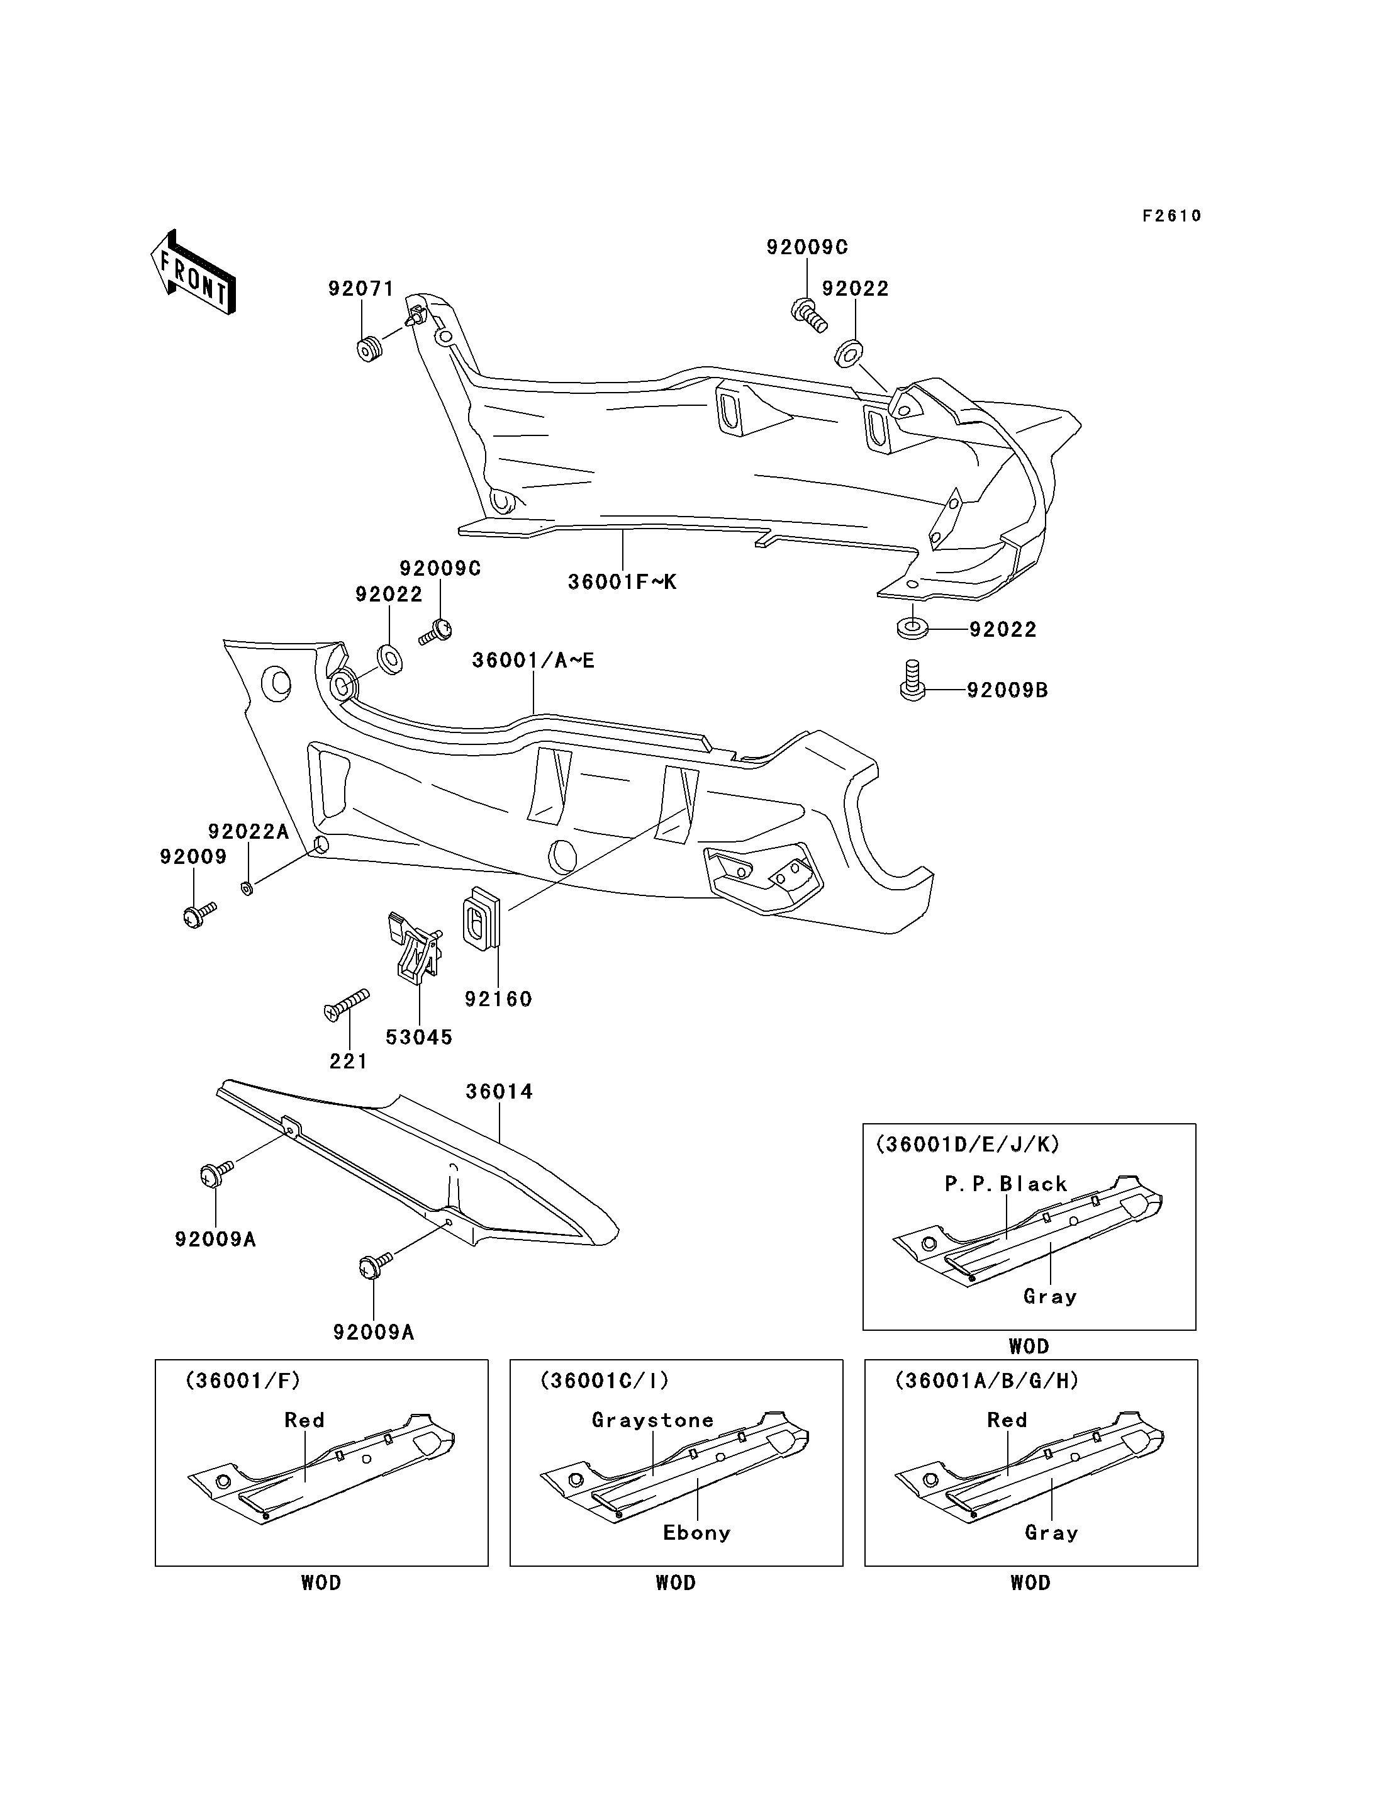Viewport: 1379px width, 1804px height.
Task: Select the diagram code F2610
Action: (1172, 216)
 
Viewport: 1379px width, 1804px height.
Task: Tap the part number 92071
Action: (361, 289)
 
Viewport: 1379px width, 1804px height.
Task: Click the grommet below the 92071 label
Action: (370, 349)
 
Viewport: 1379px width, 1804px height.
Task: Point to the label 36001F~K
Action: (623, 582)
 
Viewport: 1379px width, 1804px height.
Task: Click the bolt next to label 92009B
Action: (912, 680)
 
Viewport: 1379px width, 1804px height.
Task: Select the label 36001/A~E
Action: (533, 660)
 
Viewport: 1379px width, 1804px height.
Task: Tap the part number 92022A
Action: (248, 832)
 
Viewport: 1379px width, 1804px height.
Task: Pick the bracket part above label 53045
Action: (415, 947)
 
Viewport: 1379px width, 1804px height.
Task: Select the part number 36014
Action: (499, 1092)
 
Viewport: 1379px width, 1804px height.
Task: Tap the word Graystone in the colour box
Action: (652, 1421)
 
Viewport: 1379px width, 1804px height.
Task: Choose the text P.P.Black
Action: (1005, 1184)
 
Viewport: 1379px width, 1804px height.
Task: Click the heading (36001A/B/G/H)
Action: (986, 1381)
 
